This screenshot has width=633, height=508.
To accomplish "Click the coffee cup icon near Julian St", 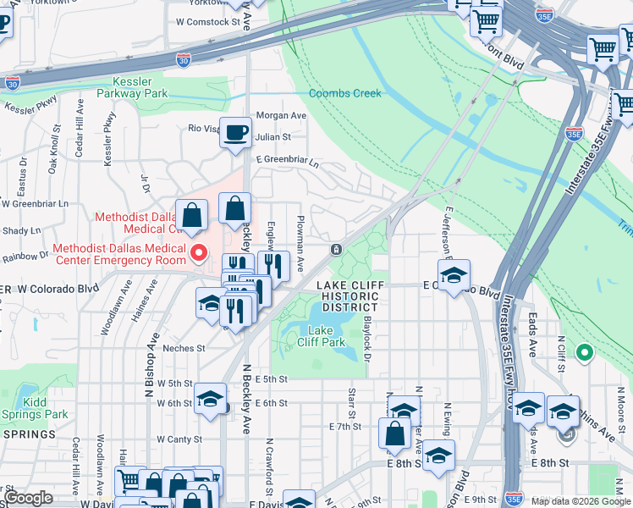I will tap(235, 133).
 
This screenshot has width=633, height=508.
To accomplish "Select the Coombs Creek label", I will tap(344, 93).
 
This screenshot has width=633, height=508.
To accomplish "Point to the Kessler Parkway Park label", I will tap(132, 87).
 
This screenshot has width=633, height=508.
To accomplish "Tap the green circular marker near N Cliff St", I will tap(583, 351).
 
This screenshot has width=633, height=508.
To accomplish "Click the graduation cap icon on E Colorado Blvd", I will tap(454, 276).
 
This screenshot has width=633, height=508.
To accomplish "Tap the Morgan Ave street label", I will tap(281, 115).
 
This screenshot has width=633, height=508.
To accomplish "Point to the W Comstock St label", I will tap(207, 21).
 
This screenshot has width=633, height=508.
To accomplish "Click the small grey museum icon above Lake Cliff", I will tap(336, 249).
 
